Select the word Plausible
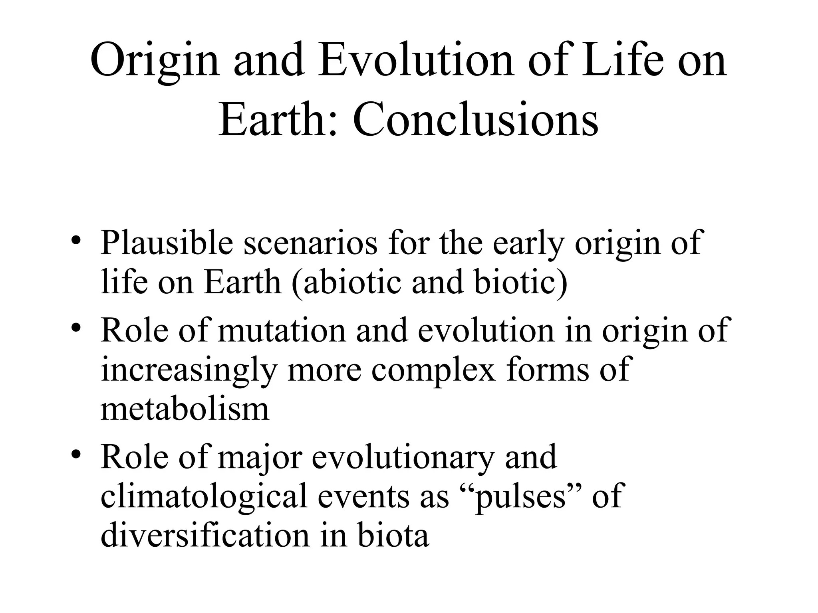coord(167,243)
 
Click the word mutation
coord(282,330)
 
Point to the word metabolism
coord(185,409)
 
